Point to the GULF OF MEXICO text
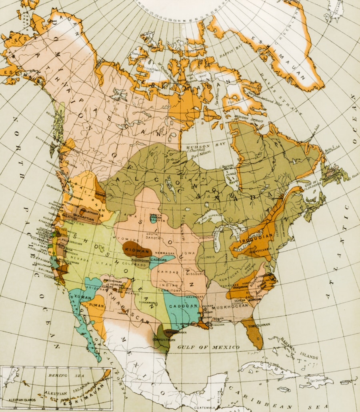208,347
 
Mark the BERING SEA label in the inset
58,376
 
